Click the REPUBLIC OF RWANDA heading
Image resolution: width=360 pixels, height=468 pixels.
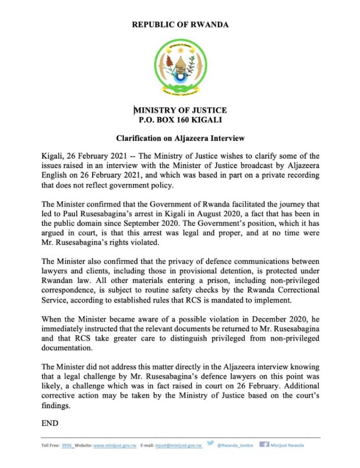point(180,25)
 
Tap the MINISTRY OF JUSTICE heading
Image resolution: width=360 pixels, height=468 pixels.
point(180,110)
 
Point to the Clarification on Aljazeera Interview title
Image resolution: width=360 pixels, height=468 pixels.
point(180,138)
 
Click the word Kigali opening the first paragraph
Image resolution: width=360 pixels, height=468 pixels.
point(52,156)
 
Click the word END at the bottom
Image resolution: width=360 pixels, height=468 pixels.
point(50,423)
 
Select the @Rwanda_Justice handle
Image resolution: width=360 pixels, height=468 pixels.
point(235,446)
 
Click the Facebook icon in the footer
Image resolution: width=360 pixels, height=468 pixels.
point(264,445)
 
